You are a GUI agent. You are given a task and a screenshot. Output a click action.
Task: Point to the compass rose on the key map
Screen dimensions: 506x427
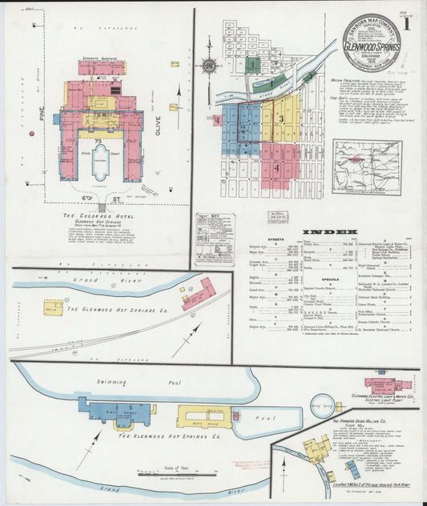tap(208, 64)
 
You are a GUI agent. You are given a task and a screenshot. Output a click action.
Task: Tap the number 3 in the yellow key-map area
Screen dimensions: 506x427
tap(281, 118)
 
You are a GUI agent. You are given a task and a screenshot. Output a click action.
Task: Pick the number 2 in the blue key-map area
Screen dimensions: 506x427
tap(242, 128)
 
